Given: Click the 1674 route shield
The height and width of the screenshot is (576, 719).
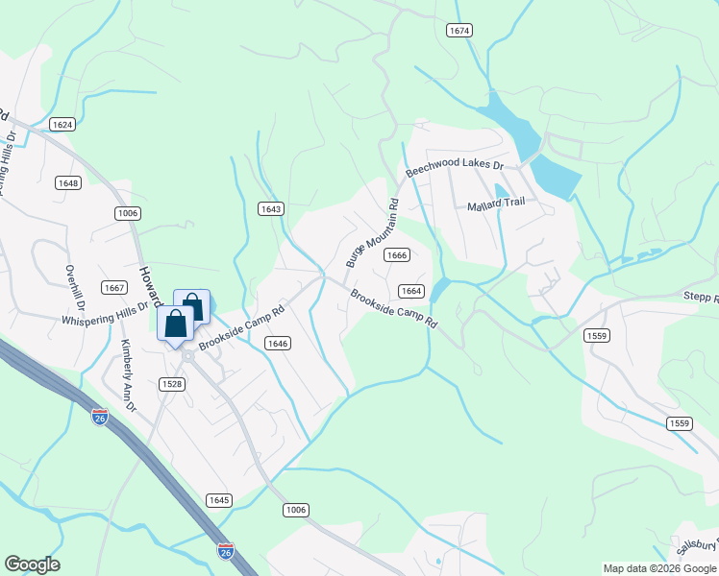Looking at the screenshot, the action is [x=459, y=31].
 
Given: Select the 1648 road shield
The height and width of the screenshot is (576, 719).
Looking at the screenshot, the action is [x=67, y=182].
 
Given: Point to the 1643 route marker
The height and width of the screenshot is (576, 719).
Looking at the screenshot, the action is [x=271, y=208].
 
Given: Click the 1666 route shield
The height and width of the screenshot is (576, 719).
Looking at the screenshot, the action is [x=397, y=254].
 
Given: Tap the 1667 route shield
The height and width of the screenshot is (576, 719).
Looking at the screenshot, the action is [x=115, y=288].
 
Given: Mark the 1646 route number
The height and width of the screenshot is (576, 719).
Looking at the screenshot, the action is [x=278, y=343].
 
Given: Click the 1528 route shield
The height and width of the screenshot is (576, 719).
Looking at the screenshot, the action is [x=173, y=383].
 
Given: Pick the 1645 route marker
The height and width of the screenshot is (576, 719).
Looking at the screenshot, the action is [x=218, y=500].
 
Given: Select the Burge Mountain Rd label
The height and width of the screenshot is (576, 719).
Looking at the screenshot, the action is [x=371, y=232].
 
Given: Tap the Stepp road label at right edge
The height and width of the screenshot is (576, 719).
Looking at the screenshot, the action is [x=701, y=299].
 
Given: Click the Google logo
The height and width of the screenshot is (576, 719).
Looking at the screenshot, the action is [x=32, y=564].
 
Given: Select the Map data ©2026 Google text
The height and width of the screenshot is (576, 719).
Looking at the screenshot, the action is [x=659, y=568].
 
